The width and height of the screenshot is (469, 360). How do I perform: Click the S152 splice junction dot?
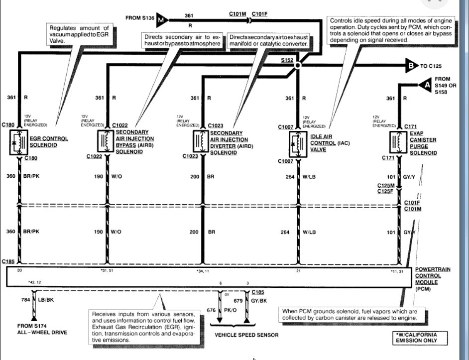coord(298,65)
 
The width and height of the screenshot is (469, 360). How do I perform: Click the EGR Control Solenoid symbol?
coord(19,142)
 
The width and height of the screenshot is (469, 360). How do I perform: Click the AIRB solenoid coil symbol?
coord(106,141)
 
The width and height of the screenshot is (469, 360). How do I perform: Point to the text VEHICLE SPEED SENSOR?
coord(246,335)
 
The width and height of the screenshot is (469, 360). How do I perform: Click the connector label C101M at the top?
coord(237,13)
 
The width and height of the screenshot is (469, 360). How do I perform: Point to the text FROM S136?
coord(141,18)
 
